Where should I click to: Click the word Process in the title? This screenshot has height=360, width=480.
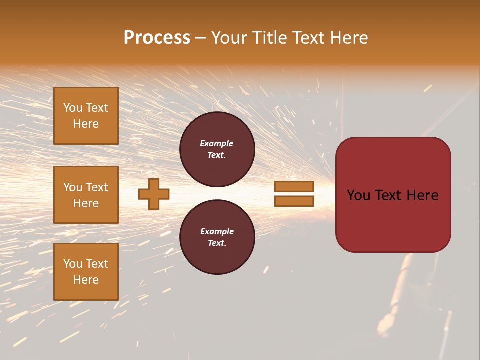pos(157,38)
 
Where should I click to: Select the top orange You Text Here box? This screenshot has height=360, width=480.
pos(86,116)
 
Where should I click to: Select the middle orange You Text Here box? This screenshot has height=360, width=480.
pos(86,195)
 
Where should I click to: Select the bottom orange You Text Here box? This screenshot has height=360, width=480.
pos(86,272)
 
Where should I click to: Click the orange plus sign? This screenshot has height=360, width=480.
pos(154,194)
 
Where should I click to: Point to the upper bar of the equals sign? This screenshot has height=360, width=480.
pos(294,187)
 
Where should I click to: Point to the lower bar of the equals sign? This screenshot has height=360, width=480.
pos(294,201)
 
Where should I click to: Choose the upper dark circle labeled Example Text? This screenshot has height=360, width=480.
pos(217,149)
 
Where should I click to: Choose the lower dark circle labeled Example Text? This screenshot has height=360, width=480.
pos(217,237)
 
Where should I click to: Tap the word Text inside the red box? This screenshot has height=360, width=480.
pos(393,195)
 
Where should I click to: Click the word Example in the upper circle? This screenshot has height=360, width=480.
pos(217,143)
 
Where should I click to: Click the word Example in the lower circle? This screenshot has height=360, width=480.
pos(217,231)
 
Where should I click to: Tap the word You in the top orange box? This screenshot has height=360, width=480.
pos(72,108)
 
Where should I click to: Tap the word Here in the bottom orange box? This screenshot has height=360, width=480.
pos(86,280)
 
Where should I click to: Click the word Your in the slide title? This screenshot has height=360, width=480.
pos(229,38)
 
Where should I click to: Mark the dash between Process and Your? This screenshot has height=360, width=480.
pos(201,38)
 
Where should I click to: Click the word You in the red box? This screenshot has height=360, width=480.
pos(358,195)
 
